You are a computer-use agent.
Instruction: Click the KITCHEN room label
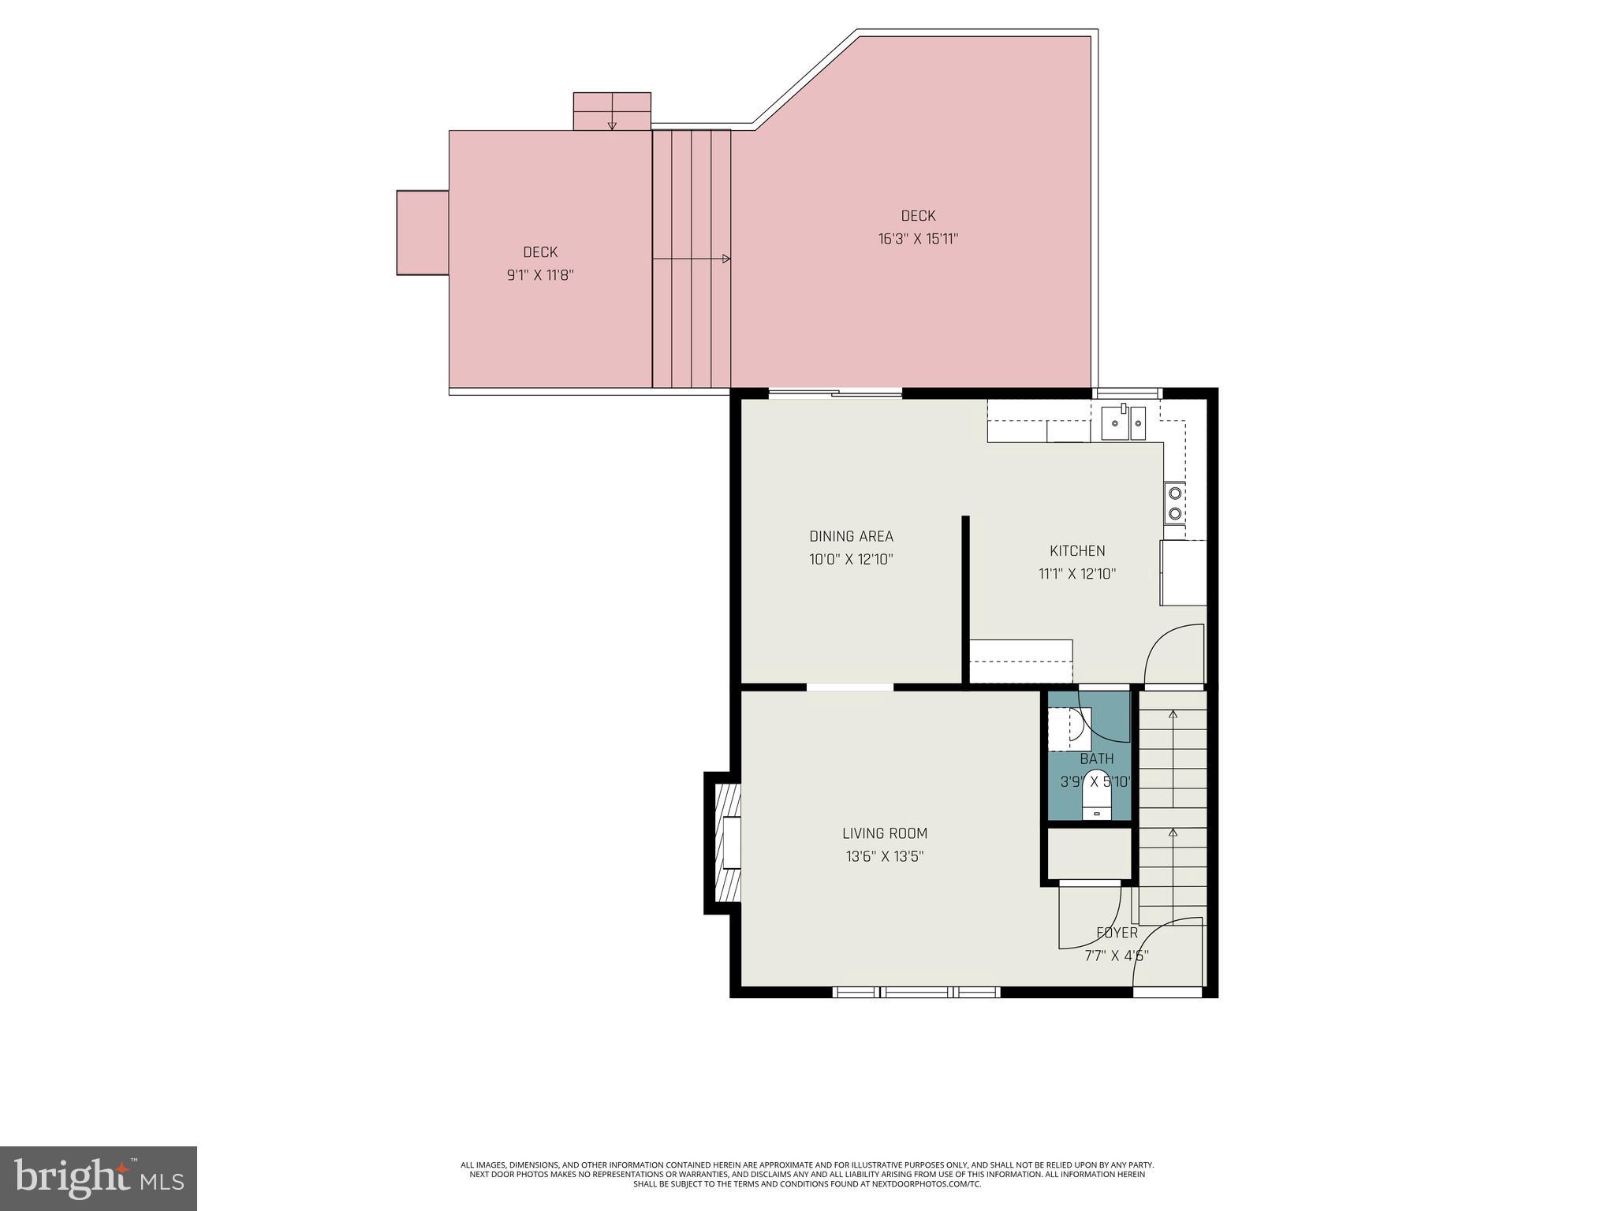(x=1076, y=551)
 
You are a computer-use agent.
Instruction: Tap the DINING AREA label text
(x=851, y=537)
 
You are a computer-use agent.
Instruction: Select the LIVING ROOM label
(x=884, y=833)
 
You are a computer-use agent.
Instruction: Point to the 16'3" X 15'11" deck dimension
(x=918, y=239)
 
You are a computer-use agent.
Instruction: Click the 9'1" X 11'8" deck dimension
(x=540, y=275)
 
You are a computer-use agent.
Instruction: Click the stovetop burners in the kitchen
(x=1174, y=503)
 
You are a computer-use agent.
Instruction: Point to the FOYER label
(x=1117, y=933)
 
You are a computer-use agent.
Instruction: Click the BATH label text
(x=1096, y=759)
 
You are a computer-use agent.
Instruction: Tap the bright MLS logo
(x=99, y=1178)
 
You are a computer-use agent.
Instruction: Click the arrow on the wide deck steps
(x=724, y=259)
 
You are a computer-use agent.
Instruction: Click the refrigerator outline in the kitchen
(x=1182, y=572)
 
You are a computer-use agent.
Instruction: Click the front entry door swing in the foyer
(x=1167, y=954)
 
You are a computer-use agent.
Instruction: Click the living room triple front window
(x=916, y=992)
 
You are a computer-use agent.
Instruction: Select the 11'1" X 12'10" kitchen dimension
(x=1076, y=574)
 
